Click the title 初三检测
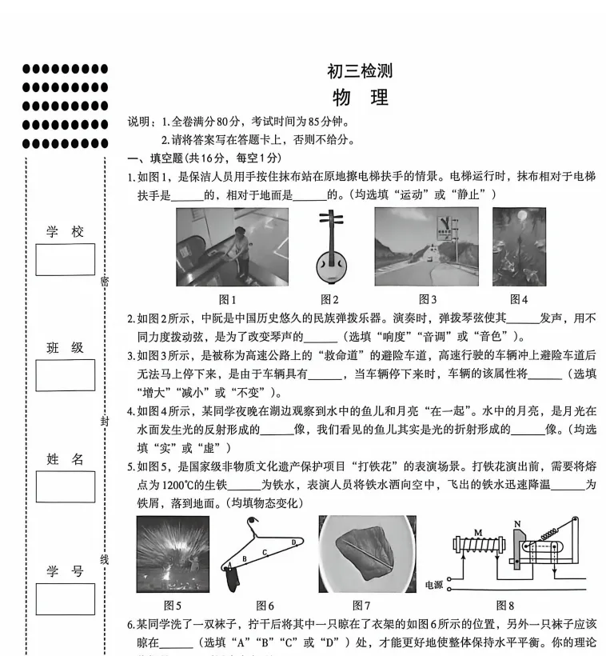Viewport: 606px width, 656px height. tap(360, 71)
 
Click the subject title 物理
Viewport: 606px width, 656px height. tap(360, 98)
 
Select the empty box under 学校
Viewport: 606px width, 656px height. tap(65, 259)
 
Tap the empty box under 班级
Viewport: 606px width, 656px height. tap(65, 374)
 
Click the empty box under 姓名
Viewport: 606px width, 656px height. tap(65, 486)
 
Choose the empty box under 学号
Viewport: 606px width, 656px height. tap(65, 598)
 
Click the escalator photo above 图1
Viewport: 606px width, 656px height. tap(232, 247)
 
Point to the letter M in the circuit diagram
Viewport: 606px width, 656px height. tap(478, 532)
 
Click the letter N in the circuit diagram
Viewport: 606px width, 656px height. tap(517, 525)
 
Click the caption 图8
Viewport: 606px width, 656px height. tap(505, 605)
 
